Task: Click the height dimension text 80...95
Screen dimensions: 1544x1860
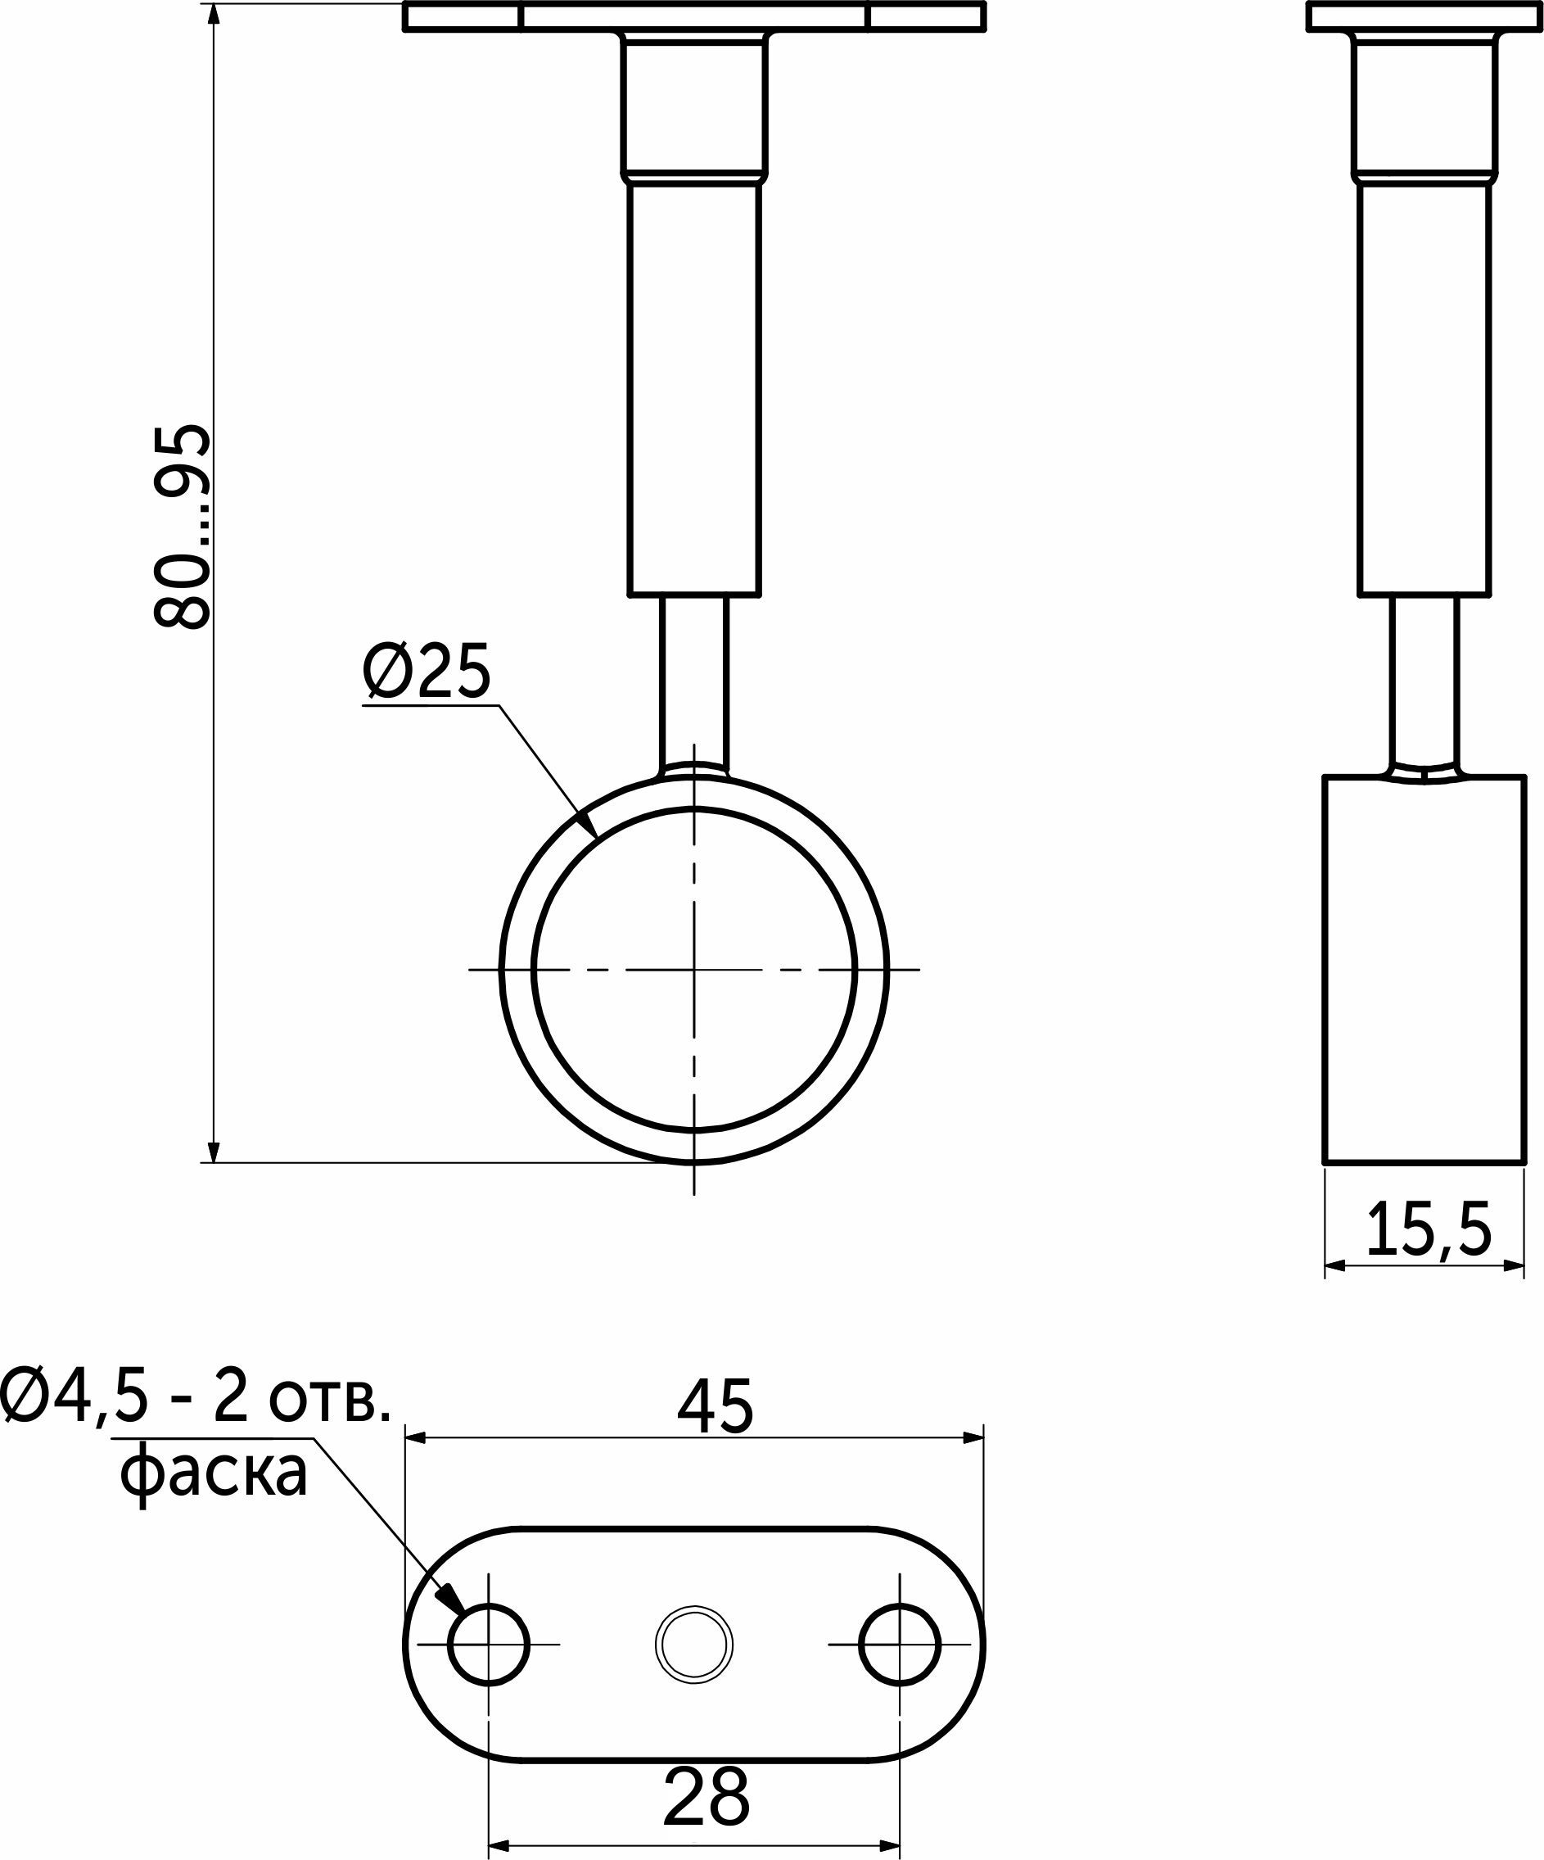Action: (x=183, y=527)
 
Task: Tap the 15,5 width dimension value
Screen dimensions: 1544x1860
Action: (x=1428, y=1229)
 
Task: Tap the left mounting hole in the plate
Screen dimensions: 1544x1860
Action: (x=489, y=1645)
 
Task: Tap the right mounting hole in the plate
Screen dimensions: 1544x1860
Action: (x=900, y=1645)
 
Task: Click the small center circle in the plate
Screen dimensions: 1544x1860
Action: (x=694, y=1645)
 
